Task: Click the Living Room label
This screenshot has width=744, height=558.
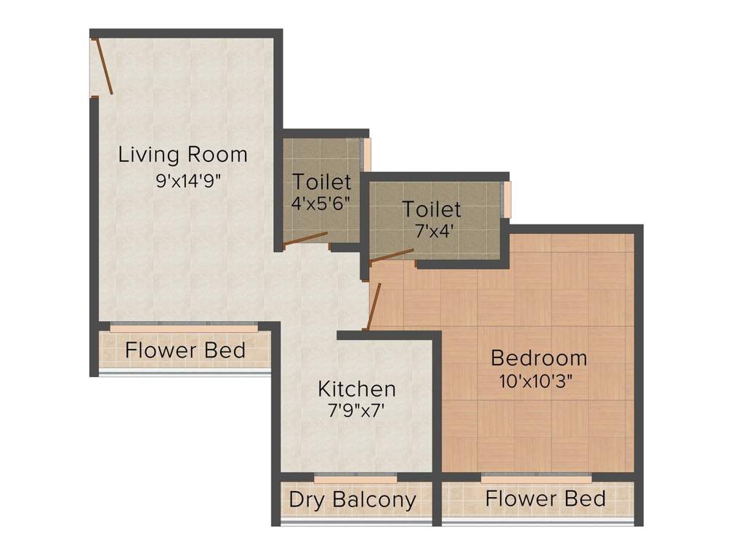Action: click(182, 155)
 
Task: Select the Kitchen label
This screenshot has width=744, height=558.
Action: click(357, 389)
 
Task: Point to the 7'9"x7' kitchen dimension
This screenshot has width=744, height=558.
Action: click(357, 411)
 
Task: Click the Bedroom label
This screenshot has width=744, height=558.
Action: click(538, 357)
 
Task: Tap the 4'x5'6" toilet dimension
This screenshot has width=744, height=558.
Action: click(321, 203)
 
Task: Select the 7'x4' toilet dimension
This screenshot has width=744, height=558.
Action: click(432, 231)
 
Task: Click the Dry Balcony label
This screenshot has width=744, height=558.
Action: click(352, 500)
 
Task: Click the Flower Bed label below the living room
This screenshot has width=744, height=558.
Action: click(185, 350)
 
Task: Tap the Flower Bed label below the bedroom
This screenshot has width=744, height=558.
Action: click(545, 498)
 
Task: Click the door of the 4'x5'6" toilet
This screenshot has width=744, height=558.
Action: click(305, 239)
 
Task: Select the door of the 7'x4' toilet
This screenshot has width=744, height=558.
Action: click(392, 255)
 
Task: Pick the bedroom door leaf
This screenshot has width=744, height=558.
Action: click(373, 307)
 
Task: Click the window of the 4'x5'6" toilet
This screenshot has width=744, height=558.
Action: click(367, 154)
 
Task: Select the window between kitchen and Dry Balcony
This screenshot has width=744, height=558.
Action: click(356, 479)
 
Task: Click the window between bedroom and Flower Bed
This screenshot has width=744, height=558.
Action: click(536, 479)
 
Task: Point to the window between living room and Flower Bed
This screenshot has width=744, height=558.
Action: click(183, 328)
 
